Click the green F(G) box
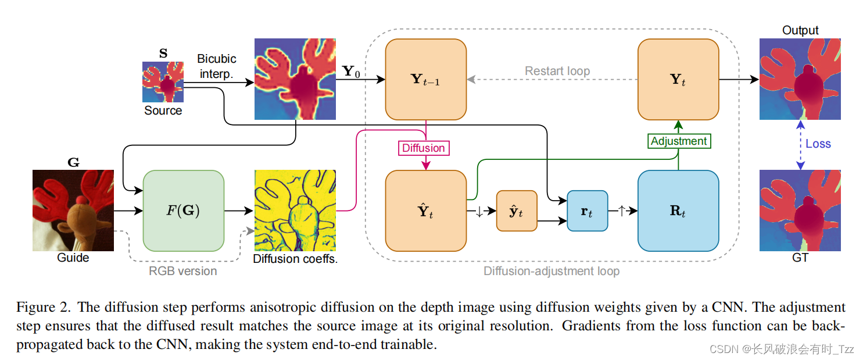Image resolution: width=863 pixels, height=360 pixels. coord(183,211)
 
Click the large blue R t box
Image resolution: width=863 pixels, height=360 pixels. coord(678,211)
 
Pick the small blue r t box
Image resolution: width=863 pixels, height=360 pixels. coord(587,211)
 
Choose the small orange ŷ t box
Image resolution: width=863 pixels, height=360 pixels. coord(516,211)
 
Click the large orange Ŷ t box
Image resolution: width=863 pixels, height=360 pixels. coord(425,211)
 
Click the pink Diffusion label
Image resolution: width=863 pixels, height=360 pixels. coord(424,148)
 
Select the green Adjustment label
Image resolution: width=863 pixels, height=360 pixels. coord(679,141)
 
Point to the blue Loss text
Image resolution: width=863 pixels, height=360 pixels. coord(818,144)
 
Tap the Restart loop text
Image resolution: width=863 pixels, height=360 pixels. coord(557,71)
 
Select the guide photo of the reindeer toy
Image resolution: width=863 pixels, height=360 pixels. coord(73,211)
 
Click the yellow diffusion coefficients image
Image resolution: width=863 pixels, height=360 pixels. coord(295,211)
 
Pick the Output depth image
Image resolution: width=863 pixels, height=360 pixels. coord(800,79)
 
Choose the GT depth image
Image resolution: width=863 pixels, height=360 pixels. coord(800,211)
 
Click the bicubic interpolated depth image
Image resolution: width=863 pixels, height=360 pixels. coord(295,79)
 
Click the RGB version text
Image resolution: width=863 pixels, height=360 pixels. coord(182,271)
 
